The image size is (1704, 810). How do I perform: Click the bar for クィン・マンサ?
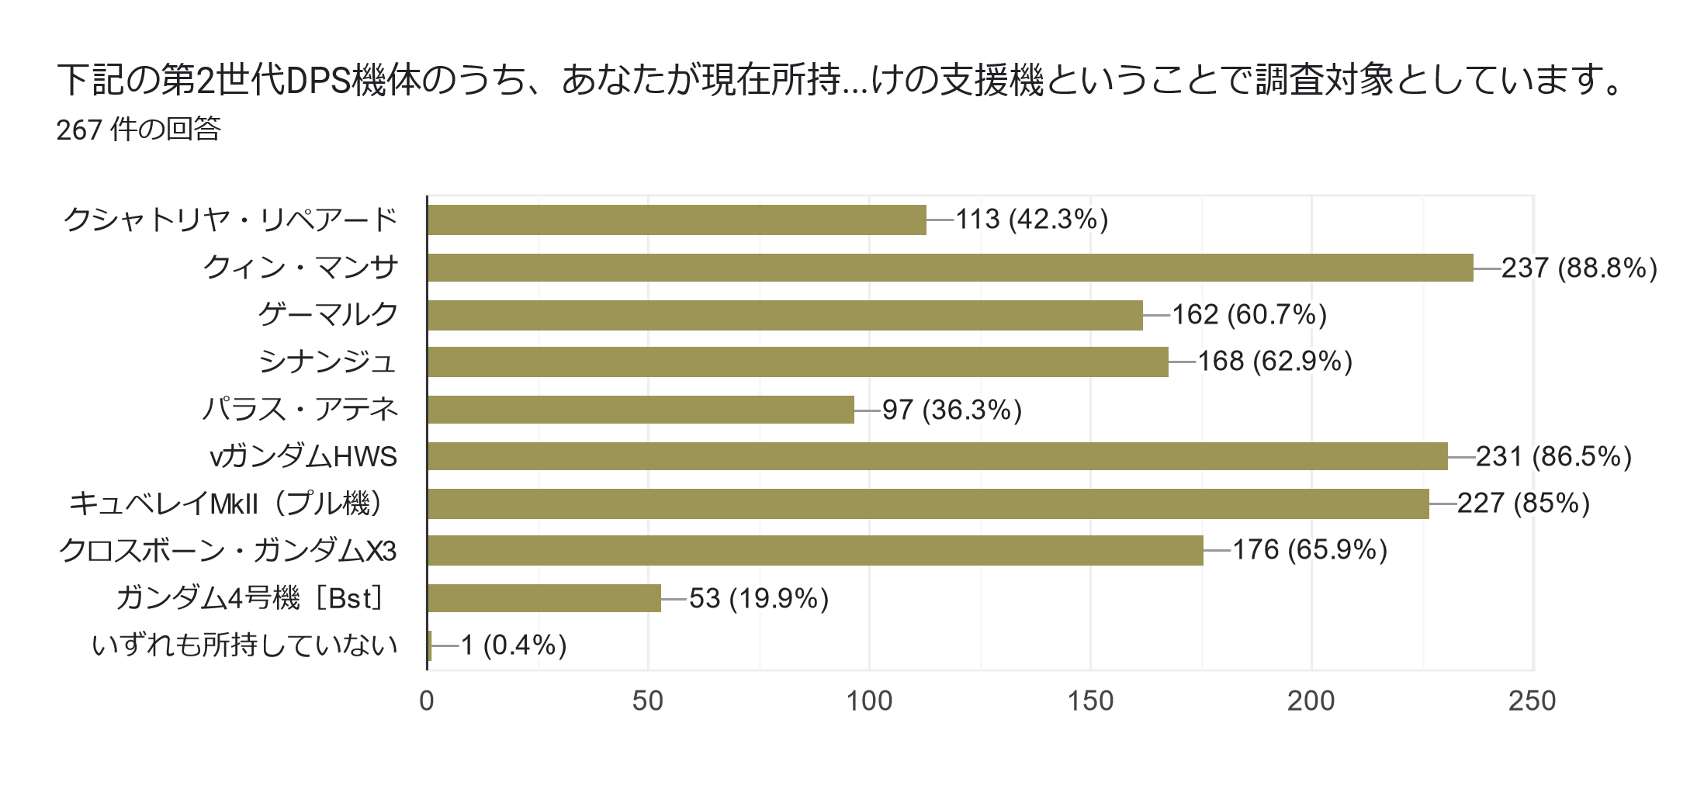[x=950, y=268]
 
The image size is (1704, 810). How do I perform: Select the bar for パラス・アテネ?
[x=640, y=410]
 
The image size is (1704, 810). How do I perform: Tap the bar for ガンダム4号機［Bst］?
[x=544, y=598]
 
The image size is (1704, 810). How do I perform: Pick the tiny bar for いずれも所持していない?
[x=429, y=646]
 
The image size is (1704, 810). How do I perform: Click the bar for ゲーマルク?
[x=784, y=315]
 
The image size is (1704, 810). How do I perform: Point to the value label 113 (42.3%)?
[x=1031, y=220]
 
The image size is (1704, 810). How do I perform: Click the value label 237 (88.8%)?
[x=1579, y=268]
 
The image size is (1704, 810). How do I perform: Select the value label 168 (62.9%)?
[x=1274, y=362]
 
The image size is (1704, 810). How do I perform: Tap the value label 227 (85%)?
[x=1523, y=504]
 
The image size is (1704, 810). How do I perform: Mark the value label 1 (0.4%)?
[x=514, y=646]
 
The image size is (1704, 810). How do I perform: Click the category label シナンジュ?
[x=327, y=362]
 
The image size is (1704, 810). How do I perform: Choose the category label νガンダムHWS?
[x=303, y=457]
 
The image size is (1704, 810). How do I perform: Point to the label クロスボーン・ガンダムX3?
[x=228, y=551]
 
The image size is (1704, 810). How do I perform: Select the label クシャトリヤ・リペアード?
[x=230, y=220]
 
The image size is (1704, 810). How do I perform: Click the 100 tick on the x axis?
[x=869, y=701]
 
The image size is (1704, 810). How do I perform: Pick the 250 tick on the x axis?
[x=1532, y=701]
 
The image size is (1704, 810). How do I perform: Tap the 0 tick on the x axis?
[x=427, y=701]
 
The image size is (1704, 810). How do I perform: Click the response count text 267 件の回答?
[x=139, y=130]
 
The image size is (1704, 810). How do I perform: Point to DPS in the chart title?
[x=319, y=81]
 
